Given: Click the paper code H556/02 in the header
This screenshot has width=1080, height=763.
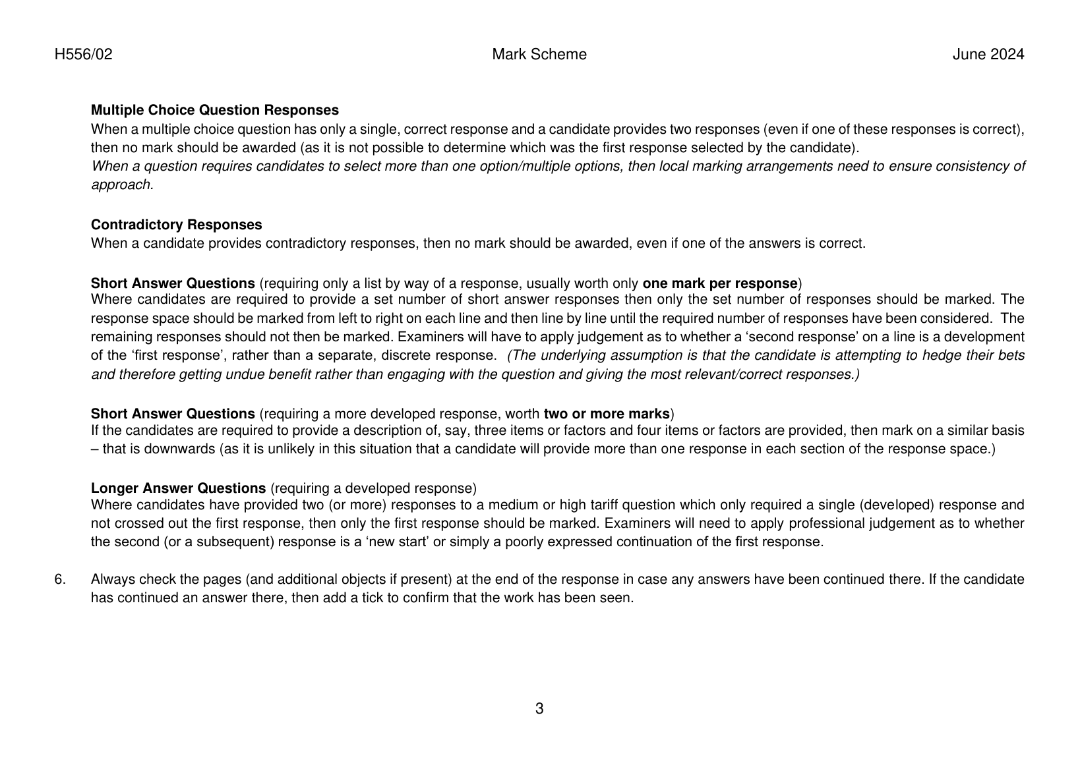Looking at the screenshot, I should [83, 55].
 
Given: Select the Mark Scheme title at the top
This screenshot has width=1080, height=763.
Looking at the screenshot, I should [539, 55].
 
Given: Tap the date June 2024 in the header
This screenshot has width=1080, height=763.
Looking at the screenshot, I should [988, 55].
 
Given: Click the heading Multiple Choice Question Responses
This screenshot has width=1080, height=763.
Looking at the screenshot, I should [214, 110].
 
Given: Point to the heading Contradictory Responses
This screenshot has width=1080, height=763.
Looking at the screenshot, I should [176, 225].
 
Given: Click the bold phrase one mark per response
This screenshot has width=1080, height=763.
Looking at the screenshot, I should [719, 284].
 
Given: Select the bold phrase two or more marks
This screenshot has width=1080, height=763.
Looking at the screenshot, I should [606, 414].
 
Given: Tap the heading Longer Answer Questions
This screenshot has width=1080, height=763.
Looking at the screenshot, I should [178, 489].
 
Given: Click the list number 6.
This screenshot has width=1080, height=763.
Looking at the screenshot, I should [60, 580].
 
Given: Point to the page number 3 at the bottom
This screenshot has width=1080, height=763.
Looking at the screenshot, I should [539, 709].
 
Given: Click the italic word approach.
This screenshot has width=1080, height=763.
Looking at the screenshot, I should [121, 185].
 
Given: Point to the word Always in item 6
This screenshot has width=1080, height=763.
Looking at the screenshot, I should [111, 580].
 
